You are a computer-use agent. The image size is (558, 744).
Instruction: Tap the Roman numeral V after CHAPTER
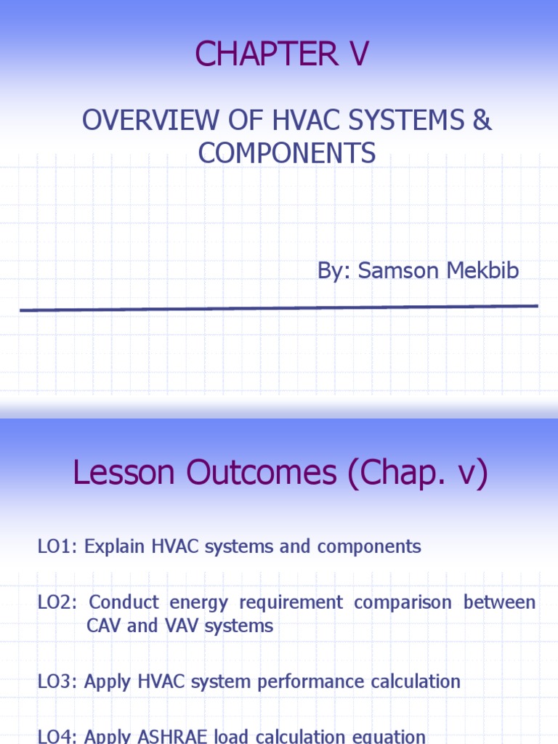(x=357, y=55)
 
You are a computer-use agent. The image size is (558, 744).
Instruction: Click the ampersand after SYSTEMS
(x=482, y=121)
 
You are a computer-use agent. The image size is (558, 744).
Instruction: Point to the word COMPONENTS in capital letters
(x=287, y=153)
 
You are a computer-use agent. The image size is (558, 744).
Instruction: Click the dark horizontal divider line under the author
(x=279, y=308)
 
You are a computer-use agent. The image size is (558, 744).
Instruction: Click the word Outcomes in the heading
(x=262, y=474)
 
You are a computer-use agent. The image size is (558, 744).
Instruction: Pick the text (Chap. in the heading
(x=396, y=474)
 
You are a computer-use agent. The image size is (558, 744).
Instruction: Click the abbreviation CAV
(x=103, y=626)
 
